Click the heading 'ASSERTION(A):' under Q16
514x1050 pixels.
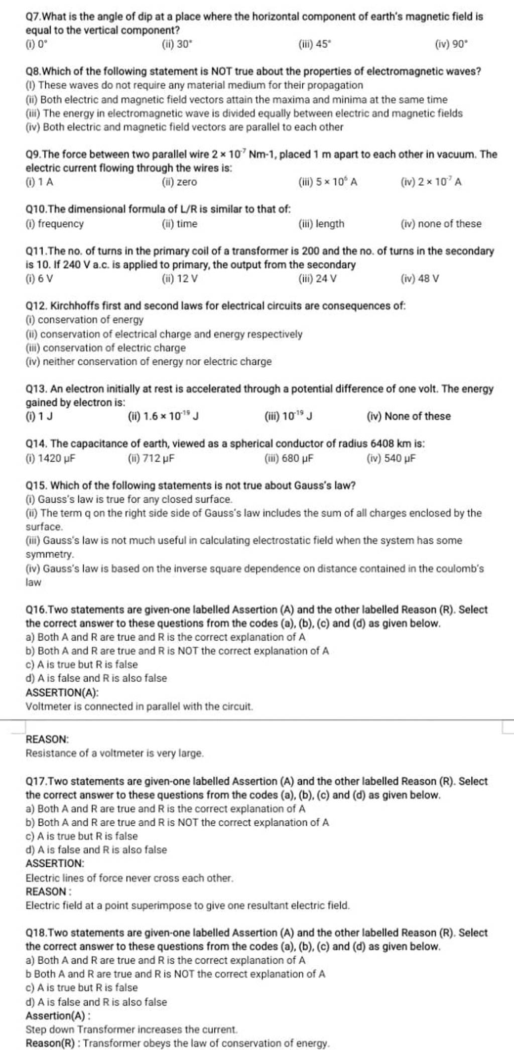(x=62, y=693)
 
